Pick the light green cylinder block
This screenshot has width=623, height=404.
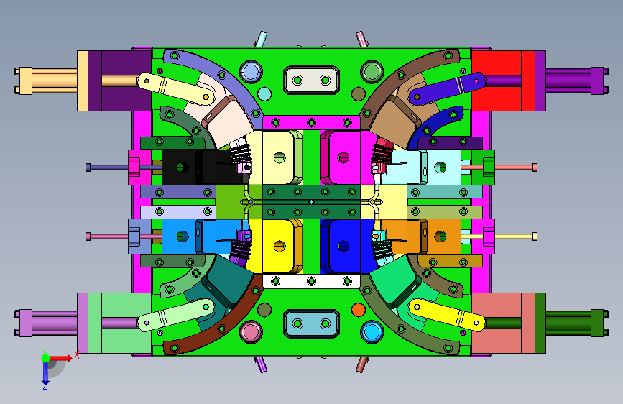(x=119, y=323)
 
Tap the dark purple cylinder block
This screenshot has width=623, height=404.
(x=119, y=81)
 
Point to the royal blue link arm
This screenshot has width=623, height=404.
(x=446, y=88)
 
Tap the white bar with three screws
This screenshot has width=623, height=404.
(x=312, y=281)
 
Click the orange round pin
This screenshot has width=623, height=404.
(x=359, y=309)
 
